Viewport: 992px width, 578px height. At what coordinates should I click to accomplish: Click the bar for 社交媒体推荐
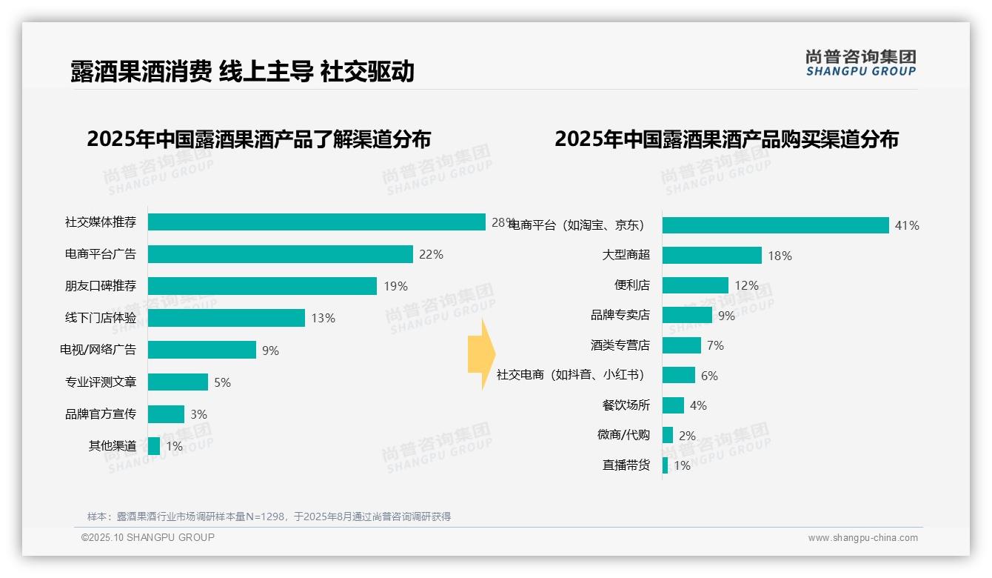click(x=316, y=222)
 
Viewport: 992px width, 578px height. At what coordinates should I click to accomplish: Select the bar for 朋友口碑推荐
click(x=262, y=286)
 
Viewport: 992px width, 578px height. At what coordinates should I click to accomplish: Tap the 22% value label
click(x=431, y=254)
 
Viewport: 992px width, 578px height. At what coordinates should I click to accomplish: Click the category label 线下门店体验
click(x=101, y=318)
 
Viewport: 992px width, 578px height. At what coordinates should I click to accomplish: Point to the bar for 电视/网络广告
click(x=201, y=350)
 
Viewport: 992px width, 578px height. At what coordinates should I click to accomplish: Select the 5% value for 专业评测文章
click(x=222, y=382)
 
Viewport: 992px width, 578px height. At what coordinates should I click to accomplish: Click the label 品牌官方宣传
click(x=101, y=414)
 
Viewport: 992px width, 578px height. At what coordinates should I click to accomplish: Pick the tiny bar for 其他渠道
click(x=154, y=446)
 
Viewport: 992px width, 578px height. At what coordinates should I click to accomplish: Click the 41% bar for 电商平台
click(x=775, y=225)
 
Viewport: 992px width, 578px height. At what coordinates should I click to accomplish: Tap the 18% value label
click(x=780, y=256)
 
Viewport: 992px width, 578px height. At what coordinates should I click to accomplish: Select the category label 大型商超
click(x=626, y=255)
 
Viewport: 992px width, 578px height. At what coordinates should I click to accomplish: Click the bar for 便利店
click(x=695, y=285)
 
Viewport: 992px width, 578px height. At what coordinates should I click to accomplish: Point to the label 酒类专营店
click(x=620, y=345)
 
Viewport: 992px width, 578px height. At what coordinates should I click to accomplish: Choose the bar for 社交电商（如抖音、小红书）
click(x=679, y=375)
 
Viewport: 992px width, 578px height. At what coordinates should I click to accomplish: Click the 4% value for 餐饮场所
click(x=698, y=405)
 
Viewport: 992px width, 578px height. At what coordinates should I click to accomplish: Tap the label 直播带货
click(x=626, y=465)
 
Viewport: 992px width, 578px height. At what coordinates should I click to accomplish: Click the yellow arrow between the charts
click(x=480, y=355)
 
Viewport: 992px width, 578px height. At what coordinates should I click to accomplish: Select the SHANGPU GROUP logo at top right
click(x=860, y=63)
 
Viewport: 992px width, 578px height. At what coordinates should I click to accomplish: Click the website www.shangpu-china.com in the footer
click(x=862, y=538)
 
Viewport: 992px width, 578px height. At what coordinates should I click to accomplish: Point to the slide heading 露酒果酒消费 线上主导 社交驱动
click(x=242, y=72)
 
